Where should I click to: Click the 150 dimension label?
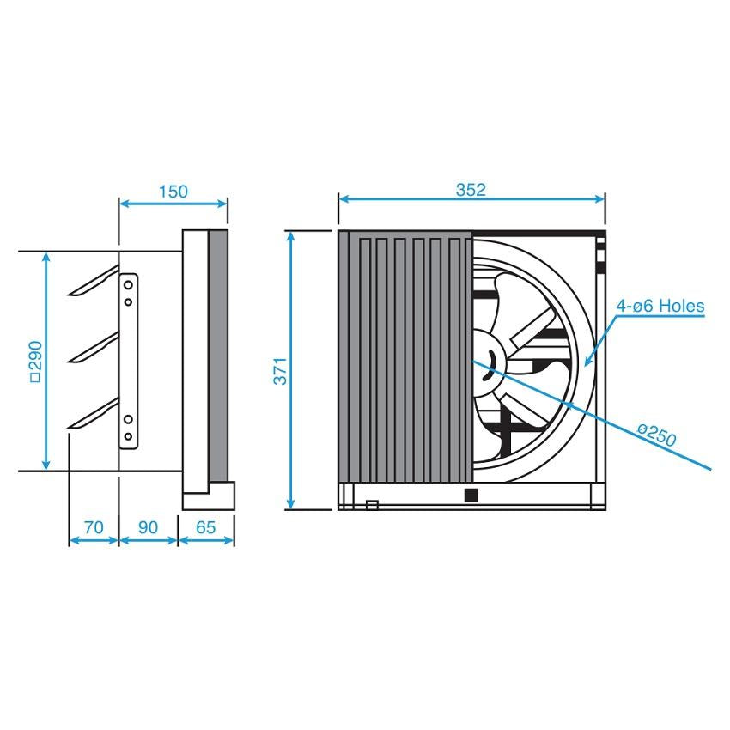coord(173,192)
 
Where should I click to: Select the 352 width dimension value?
coord(471,190)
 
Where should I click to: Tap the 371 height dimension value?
coord(281,370)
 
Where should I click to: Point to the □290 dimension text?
coord(35,362)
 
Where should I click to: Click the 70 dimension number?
coord(94,527)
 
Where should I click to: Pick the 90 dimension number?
coord(148,527)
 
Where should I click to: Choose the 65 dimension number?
coord(206,527)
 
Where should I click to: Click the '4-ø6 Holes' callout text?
coord(660,306)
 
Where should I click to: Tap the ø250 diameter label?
coord(657,437)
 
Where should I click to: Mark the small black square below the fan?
coord(470,495)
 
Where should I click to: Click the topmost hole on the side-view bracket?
coord(128,284)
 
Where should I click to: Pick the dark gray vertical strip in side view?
coord(218,356)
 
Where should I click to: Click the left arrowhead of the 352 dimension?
coord(343,199)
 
